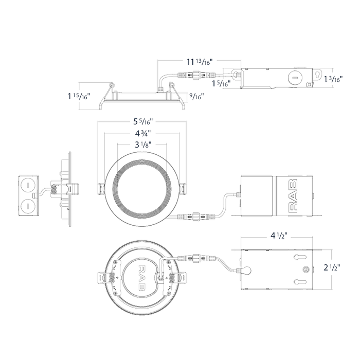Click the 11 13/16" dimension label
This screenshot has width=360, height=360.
[200, 62]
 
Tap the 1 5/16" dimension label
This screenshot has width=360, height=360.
[221, 83]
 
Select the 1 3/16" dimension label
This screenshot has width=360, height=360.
[333, 79]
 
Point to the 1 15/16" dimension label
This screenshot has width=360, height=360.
[78, 96]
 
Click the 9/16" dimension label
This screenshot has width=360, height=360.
[196, 96]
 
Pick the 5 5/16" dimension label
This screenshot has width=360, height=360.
[143, 121]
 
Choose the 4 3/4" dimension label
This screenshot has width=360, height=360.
[142, 133]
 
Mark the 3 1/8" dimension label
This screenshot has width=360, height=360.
[143, 145]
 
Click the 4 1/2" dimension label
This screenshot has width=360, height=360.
[279, 236]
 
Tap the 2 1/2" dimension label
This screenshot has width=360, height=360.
[332, 267]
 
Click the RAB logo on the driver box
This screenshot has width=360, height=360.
[293, 195]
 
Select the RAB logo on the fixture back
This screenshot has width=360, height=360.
[141, 278]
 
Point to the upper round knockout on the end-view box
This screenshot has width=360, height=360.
[27, 186]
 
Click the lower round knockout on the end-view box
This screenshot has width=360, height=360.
[27, 206]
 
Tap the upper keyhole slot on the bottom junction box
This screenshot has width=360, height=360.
[300, 257]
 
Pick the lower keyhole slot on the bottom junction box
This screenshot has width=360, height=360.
[300, 282]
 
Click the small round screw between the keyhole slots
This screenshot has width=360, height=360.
[305, 269]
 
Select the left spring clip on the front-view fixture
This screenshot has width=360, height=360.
[100, 189]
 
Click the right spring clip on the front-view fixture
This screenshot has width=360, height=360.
[184, 189]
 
